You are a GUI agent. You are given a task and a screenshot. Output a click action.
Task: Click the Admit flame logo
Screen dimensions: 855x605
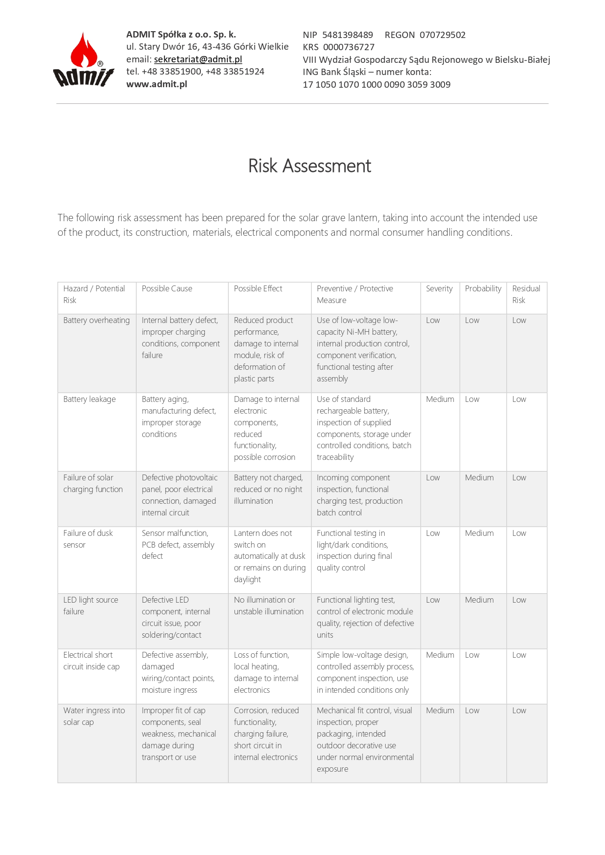[x=83, y=60]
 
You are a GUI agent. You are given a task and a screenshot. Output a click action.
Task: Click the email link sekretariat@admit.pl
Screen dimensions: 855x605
[x=198, y=59]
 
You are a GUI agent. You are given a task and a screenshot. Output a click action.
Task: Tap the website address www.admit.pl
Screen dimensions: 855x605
[x=156, y=84]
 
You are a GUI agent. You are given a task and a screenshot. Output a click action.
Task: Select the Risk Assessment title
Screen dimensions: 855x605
[x=310, y=166]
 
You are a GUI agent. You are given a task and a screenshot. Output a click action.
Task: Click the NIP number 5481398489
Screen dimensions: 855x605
[x=348, y=35]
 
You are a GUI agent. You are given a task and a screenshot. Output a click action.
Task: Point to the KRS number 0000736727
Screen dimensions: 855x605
[x=349, y=47]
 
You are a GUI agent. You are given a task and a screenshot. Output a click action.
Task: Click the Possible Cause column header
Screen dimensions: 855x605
[x=167, y=288]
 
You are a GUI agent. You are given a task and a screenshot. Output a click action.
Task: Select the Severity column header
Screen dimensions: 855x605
[x=439, y=288]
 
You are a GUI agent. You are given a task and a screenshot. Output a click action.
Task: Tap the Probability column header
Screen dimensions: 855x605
[x=483, y=288]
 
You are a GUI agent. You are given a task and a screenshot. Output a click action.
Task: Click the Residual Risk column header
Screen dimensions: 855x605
[x=526, y=294]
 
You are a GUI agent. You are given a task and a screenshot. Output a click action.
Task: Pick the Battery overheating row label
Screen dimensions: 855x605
[x=97, y=320]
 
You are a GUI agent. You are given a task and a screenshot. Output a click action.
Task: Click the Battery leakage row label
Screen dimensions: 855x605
[x=90, y=399]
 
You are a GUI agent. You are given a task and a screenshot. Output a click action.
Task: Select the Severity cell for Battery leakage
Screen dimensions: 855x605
[x=440, y=399]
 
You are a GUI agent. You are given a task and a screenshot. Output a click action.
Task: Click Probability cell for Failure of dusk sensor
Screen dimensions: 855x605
[x=479, y=533]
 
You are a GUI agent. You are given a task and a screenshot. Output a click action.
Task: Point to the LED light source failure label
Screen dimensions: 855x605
[x=91, y=606]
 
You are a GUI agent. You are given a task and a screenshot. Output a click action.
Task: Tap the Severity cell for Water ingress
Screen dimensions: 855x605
[x=440, y=710]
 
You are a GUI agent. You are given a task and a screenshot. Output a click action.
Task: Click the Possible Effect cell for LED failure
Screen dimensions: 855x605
[x=269, y=606]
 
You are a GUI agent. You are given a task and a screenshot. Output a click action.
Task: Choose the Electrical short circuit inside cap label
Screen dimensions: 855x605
[x=91, y=661]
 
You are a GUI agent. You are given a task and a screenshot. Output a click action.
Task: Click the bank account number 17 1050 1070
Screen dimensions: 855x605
[x=376, y=84]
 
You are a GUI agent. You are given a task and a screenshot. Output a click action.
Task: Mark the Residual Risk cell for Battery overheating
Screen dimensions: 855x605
[x=519, y=320]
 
